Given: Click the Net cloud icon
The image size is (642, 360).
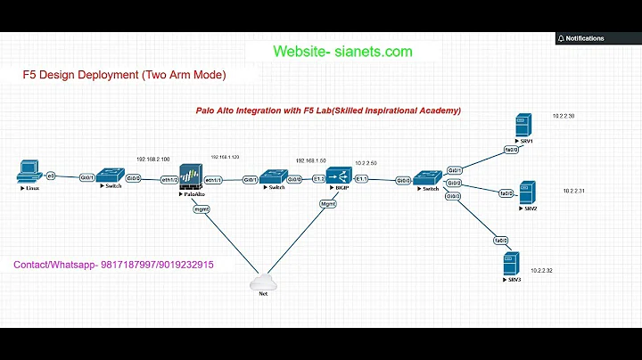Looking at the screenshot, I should pos(262,282).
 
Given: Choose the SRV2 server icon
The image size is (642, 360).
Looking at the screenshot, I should pos(528,191).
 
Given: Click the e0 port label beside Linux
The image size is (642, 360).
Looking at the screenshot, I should pos(51,176).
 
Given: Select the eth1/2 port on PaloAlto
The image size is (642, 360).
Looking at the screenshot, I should pos(167,179).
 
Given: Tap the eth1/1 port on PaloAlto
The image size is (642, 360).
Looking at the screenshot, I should pos(214,179).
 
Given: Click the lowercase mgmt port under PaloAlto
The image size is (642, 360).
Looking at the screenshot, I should pos(201,211).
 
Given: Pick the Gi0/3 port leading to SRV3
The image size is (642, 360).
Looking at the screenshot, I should pos(453,196).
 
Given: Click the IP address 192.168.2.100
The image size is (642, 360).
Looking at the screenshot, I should pos(153,157).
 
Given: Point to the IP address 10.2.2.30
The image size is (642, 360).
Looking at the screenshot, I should pos(563,117).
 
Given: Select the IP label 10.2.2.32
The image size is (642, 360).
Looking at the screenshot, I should pos(541,270).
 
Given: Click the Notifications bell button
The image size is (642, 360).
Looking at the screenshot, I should pos(580,38).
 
